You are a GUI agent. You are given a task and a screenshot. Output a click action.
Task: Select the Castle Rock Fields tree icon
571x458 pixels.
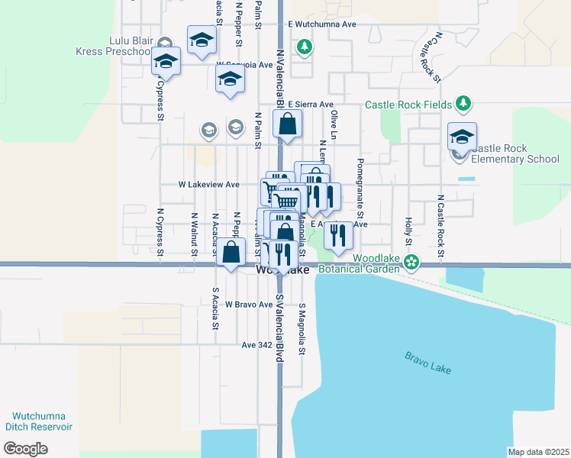(463, 103)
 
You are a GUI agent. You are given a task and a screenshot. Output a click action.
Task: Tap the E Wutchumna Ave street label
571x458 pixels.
(323, 24)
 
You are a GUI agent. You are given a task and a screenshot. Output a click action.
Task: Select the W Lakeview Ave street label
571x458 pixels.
(208, 185)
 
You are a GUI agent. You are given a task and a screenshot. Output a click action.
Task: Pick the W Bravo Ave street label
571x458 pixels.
(248, 305)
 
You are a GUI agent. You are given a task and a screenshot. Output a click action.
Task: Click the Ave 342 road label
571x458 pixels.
(256, 345)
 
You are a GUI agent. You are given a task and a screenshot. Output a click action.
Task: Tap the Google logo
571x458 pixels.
(25, 448)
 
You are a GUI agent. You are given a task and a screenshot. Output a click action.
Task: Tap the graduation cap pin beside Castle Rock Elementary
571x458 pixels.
(462, 136)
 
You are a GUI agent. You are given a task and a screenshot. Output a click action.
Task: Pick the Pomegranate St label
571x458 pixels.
(360, 189)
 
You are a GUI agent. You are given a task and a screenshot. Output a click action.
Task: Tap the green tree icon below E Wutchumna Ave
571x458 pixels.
(305, 47)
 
